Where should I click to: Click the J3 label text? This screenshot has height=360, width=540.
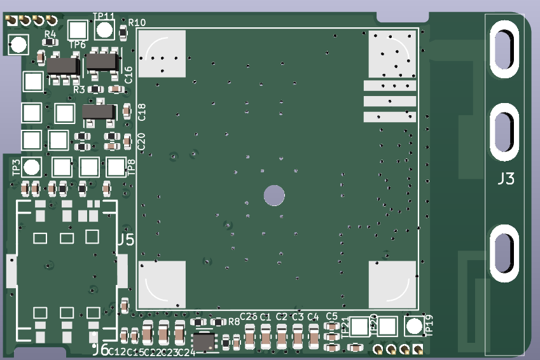506,179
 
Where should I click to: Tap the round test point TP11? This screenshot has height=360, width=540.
104,29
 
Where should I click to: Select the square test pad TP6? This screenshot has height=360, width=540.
78,29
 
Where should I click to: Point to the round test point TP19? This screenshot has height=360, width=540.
414,326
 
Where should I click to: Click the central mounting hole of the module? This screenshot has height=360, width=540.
275,195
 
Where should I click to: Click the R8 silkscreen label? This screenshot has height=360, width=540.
234,321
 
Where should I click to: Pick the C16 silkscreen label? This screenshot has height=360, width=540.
129,74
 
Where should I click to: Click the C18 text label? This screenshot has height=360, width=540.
142,112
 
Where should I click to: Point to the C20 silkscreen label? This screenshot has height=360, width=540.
142,141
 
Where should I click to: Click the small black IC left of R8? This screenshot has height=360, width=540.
204,342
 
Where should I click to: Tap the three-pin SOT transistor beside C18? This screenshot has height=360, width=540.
99,113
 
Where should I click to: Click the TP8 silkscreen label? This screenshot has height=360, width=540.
132,167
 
